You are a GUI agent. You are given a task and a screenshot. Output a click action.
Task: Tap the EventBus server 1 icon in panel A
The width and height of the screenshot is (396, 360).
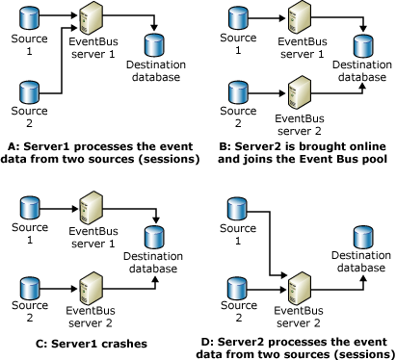[x=92, y=18]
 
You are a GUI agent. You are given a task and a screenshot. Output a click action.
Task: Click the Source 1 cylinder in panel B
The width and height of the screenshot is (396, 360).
[x=235, y=17]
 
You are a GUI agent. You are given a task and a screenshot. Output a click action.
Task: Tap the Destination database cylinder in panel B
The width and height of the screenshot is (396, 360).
[x=361, y=44]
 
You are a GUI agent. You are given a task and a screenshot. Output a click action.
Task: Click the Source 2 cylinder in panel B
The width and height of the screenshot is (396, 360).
[x=235, y=93]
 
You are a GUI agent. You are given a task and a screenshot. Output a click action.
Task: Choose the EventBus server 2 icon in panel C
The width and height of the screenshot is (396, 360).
[x=92, y=286]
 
